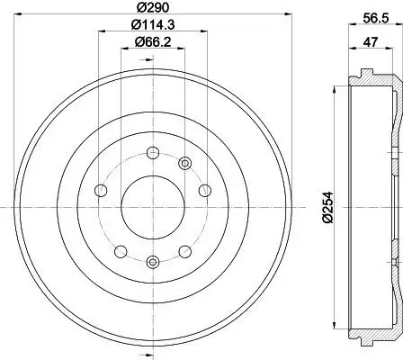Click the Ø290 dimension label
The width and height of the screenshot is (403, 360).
[x=151, y=8]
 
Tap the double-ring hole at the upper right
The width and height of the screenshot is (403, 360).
[x=186, y=163]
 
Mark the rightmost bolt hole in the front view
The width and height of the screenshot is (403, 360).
[x=204, y=190]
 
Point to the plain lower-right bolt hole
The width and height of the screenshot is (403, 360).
[x=184, y=251]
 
